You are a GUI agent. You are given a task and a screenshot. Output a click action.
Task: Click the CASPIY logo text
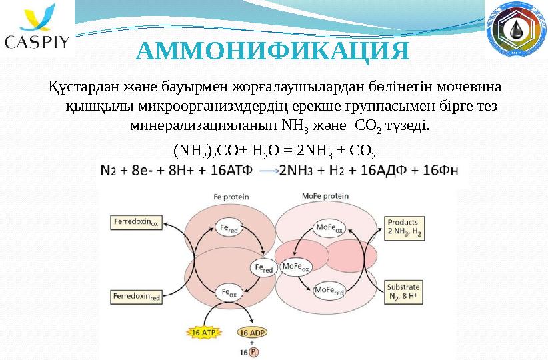pyautogui.click(x=37, y=42)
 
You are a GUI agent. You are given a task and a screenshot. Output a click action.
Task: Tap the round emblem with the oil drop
pyautogui.click(x=516, y=29)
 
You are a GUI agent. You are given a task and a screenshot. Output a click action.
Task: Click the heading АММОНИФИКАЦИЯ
pyautogui.click(x=273, y=51)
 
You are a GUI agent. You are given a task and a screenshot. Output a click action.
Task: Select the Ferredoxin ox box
pyautogui.click(x=136, y=223)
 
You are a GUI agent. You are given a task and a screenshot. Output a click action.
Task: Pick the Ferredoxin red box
pyautogui.click(x=136, y=297)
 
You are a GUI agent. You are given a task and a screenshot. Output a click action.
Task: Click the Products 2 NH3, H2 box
pyautogui.click(x=404, y=228)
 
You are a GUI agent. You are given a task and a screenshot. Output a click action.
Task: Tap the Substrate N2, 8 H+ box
pyautogui.click(x=403, y=292)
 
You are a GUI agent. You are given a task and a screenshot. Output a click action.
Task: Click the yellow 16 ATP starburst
pyautogui.click(x=204, y=332)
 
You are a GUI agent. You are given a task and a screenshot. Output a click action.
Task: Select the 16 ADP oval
pyautogui.click(x=251, y=333)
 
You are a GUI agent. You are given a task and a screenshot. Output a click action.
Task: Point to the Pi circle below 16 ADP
pyautogui.click(x=255, y=352)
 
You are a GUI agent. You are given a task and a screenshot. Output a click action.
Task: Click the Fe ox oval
pyautogui.click(x=229, y=293)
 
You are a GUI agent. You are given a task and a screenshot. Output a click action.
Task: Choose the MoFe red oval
pyautogui.click(x=329, y=291)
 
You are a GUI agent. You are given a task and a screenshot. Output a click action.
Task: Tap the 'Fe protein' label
pyautogui.click(x=231, y=197)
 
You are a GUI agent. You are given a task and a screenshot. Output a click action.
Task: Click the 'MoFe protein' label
pyautogui.click(x=325, y=196)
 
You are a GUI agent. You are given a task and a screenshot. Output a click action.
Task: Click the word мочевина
pyautogui.click(x=469, y=86)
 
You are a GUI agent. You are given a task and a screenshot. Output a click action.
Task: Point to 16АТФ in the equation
pyautogui.click(x=231, y=171)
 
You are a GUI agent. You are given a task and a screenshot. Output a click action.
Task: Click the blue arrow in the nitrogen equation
pyautogui.click(x=269, y=171)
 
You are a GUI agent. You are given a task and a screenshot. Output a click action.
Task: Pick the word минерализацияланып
pyautogui.click(x=203, y=125)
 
